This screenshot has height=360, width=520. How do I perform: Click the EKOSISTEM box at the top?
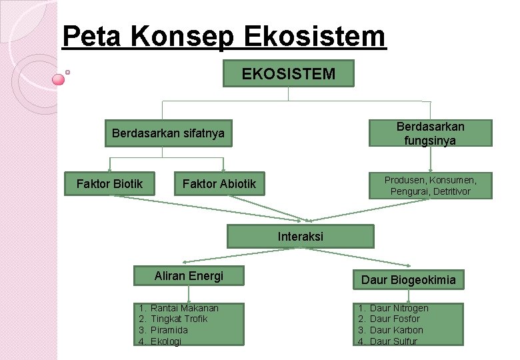288,73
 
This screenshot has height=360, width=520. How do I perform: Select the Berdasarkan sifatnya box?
168,133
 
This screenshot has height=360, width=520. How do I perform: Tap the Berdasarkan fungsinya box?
430,133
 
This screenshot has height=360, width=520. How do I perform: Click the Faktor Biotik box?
109,183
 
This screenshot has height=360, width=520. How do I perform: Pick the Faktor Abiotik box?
219,184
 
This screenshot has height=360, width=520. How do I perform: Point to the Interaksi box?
300,237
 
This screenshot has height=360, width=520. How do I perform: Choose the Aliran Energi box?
189,276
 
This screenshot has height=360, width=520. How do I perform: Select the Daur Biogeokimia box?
408,280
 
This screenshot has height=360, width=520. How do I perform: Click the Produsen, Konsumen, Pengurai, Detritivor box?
430,186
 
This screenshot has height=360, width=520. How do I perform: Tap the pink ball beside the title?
59,79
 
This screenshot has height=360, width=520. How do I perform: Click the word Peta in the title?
91,37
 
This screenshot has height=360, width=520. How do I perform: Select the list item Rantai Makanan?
184,308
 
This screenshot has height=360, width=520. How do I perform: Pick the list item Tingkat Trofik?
179,319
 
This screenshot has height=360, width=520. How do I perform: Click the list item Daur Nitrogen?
399,308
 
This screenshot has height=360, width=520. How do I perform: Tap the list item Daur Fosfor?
395,319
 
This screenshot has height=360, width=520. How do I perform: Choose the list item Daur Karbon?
396,330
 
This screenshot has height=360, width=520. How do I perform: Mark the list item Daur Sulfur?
393,341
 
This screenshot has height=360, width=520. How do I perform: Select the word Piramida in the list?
169,330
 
